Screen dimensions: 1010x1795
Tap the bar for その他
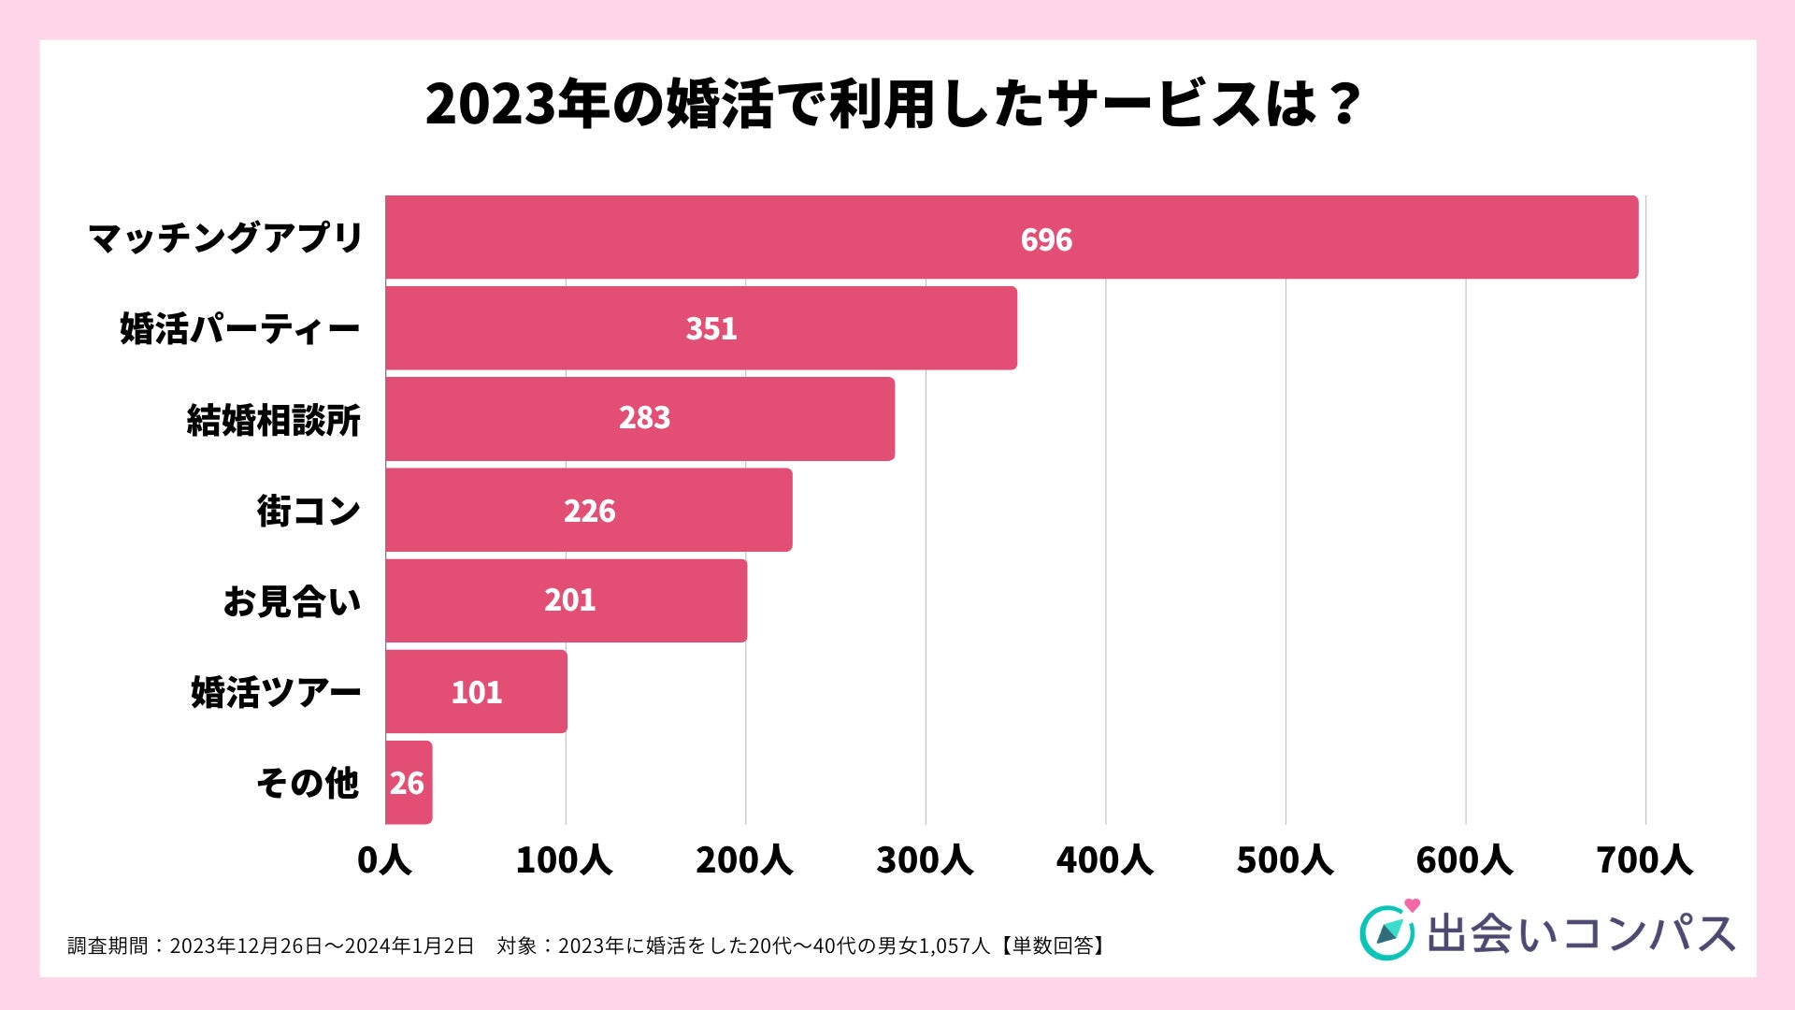tap(409, 783)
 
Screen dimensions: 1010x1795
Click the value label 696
tap(1046, 240)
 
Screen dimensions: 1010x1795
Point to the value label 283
tap(644, 418)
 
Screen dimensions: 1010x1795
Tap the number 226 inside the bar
tap(589, 511)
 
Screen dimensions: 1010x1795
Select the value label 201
tap(569, 599)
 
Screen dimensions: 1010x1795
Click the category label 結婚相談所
tap(274, 420)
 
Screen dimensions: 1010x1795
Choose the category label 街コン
tap(309, 511)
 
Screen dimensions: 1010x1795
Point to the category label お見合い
tap(292, 601)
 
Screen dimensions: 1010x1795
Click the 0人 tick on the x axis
tap(384, 859)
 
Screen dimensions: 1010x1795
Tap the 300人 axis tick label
tap(925, 859)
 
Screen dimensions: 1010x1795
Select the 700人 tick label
tap(1644, 859)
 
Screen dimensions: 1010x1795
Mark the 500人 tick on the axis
tap(1285, 859)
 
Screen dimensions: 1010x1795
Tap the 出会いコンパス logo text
tap(1580, 933)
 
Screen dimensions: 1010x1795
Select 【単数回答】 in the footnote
tap(1053, 945)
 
